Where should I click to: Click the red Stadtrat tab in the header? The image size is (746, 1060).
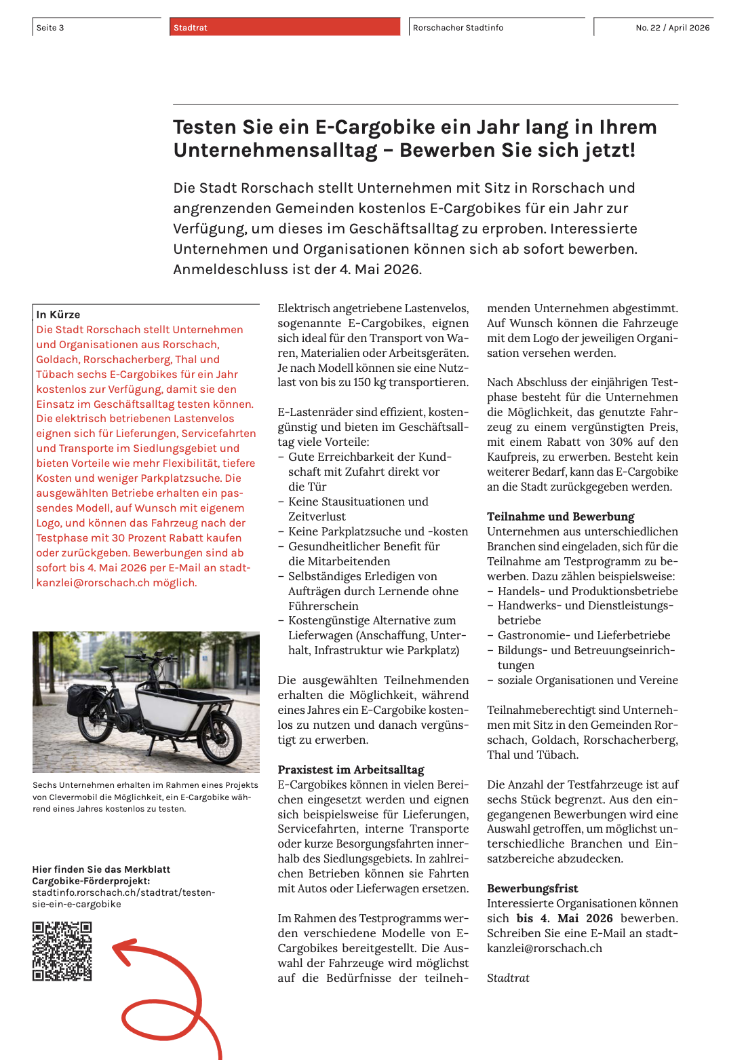(x=285, y=27)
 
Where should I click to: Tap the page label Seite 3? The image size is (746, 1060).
(x=50, y=28)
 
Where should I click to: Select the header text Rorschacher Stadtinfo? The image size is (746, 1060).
(x=458, y=28)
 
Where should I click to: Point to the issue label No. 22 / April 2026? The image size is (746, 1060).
(x=672, y=28)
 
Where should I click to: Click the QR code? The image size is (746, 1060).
(x=62, y=951)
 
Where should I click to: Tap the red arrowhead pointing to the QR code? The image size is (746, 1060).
(x=122, y=950)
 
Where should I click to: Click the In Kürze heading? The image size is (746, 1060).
(x=58, y=315)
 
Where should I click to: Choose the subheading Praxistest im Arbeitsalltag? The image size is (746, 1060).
(x=351, y=770)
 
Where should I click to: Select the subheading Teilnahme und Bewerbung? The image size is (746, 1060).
(x=560, y=516)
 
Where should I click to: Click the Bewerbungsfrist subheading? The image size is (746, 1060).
(x=532, y=888)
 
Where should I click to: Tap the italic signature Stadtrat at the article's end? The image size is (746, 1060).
(x=508, y=978)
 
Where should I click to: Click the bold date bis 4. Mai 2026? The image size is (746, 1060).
(x=564, y=918)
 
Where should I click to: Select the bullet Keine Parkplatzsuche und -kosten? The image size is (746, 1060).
(x=378, y=531)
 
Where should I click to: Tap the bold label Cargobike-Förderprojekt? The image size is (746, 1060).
(x=91, y=881)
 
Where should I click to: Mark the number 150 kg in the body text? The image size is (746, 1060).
(x=366, y=382)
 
